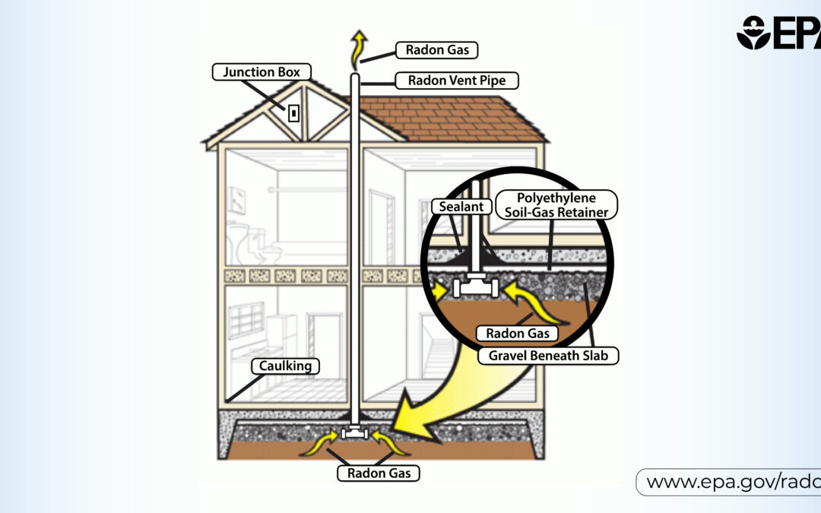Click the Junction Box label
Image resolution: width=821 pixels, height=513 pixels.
tap(262, 71)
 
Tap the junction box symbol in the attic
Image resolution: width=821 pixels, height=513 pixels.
tap(293, 113)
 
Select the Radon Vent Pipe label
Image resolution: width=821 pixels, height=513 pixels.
tap(457, 81)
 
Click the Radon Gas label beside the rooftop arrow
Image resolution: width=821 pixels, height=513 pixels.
tap(436, 50)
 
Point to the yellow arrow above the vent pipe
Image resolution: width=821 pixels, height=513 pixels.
tap(358, 50)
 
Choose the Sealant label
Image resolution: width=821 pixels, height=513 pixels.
tap(461, 206)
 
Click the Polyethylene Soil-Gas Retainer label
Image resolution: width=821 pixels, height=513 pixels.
tap(556, 204)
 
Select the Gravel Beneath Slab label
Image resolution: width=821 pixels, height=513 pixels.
tap(548, 356)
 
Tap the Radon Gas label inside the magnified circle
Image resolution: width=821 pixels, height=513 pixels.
tap(518, 334)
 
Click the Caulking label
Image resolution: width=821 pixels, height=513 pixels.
tap(285, 366)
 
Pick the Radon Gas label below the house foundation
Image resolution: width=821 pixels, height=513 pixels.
tap(379, 473)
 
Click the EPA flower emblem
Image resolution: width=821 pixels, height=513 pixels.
tap(753, 33)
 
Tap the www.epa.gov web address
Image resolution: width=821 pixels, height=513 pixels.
tap(733, 482)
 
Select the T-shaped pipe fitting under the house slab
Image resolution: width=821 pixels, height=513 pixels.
tap(355, 432)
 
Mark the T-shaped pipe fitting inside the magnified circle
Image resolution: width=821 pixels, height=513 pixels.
tap(475, 286)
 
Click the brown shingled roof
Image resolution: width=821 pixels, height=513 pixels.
tap(450, 119)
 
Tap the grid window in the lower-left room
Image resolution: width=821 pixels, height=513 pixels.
tap(246, 320)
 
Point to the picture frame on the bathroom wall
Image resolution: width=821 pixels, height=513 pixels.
tap(236, 200)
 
